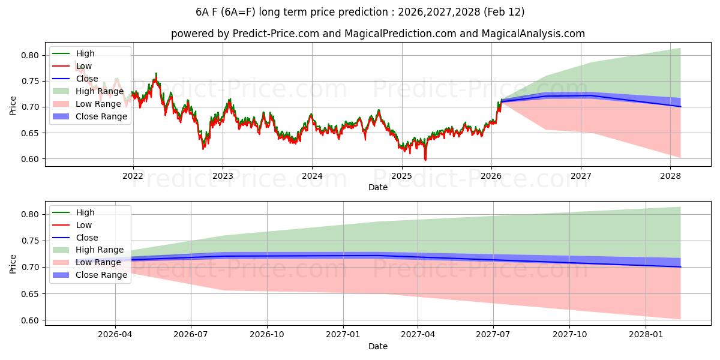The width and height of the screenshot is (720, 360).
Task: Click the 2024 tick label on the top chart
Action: [x=312, y=176]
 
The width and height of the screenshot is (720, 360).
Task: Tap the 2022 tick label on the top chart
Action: [x=133, y=176]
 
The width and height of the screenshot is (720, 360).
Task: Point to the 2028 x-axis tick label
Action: [x=670, y=176]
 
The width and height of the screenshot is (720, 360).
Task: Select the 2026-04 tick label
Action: [x=115, y=335]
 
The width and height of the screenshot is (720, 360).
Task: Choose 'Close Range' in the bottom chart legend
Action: [x=101, y=275]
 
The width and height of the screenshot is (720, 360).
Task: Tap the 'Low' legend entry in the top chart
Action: [x=83, y=66]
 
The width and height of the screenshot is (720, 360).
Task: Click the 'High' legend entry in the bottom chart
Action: [x=85, y=212]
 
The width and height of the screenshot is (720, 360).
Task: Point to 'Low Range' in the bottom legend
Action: [x=98, y=262]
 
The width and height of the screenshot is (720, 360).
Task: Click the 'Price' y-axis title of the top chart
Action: [x=13, y=106]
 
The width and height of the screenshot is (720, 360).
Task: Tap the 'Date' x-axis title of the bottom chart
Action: [x=378, y=346]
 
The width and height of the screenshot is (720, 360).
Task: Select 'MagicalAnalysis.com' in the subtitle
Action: [x=536, y=34]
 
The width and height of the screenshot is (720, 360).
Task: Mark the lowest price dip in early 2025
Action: [x=425, y=160]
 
